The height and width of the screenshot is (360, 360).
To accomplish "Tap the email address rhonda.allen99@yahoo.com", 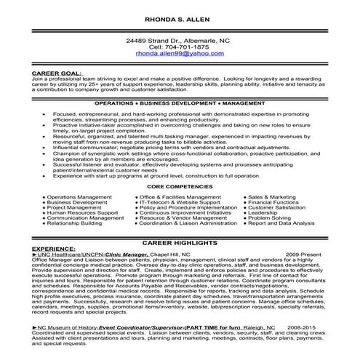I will pos(180,55).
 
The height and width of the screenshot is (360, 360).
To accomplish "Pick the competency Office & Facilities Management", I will pos(179,197).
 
